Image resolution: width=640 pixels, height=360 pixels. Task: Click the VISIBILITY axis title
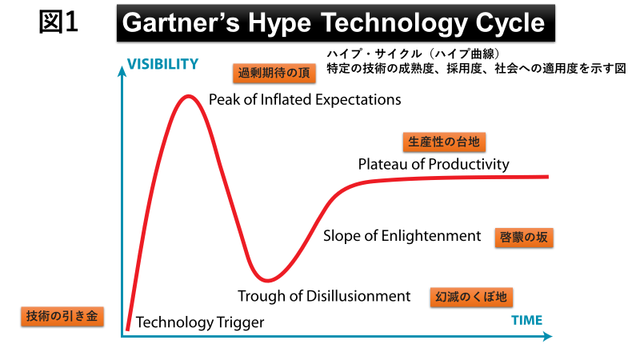click(162, 64)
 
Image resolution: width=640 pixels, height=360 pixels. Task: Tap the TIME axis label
click(526, 321)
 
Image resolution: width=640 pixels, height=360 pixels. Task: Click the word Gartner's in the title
click(181, 23)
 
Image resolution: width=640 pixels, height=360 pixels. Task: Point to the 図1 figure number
click(58, 22)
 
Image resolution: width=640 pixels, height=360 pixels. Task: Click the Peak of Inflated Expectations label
click(305, 100)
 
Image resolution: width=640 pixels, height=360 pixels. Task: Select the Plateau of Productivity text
click(434, 165)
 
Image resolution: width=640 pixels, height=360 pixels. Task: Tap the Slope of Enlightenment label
click(402, 236)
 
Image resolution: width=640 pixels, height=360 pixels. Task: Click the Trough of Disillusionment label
click(324, 296)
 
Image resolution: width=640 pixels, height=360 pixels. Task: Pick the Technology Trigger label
click(200, 322)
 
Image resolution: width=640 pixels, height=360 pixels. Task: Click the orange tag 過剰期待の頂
click(274, 74)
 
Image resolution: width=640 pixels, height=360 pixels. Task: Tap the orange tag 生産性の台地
click(444, 142)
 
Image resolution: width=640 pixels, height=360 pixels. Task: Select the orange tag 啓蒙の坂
click(524, 238)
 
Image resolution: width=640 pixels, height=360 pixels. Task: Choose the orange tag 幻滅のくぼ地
click(471, 297)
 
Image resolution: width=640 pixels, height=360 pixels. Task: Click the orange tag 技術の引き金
click(62, 316)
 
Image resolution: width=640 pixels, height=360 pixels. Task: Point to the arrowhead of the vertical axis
click(122, 70)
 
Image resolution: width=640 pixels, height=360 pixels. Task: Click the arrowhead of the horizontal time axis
click(547, 336)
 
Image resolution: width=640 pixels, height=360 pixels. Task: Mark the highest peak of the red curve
click(188, 97)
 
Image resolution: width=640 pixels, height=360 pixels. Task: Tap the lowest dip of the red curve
click(267, 280)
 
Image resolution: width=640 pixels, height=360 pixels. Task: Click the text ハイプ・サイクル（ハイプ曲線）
click(413, 54)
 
